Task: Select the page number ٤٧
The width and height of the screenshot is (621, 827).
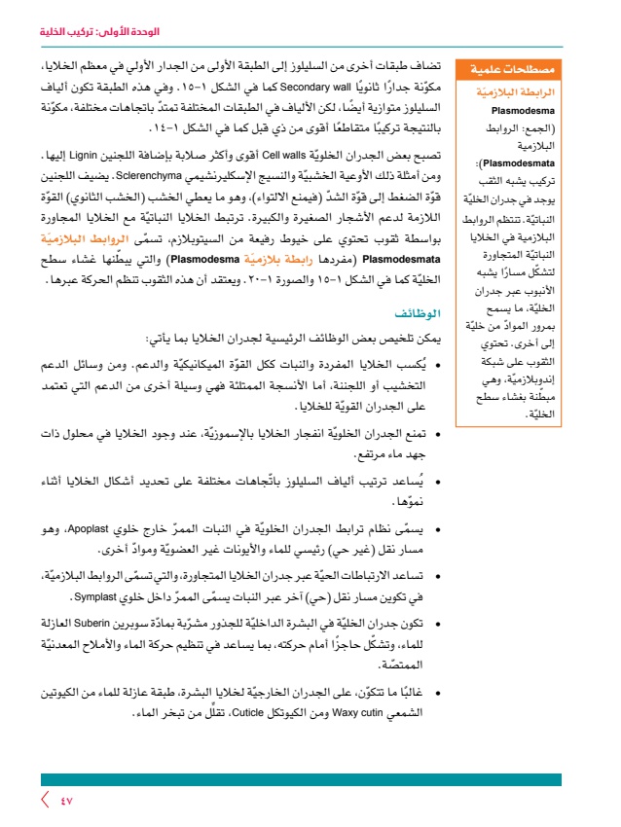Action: coord(66,801)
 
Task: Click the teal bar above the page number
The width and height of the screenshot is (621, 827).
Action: coord(301,779)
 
